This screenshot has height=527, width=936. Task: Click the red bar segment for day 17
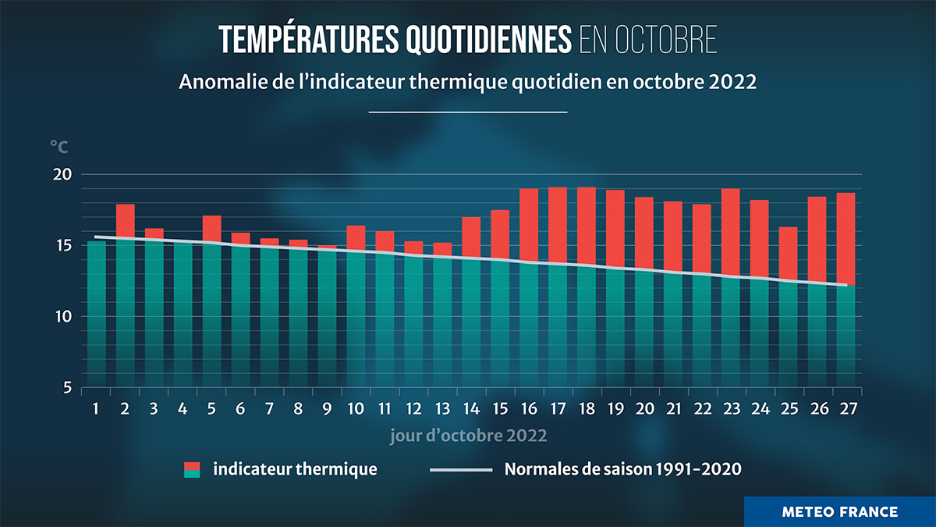click(x=557, y=225)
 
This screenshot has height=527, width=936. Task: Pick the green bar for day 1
click(x=97, y=312)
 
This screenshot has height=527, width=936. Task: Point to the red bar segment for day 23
click(x=730, y=232)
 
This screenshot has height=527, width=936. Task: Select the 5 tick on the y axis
click(x=67, y=388)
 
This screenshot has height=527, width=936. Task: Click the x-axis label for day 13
click(x=442, y=409)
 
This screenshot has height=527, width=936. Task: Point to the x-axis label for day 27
click(x=846, y=409)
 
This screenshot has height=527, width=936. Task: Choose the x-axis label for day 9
click(x=327, y=409)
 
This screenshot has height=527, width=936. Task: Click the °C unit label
click(x=59, y=146)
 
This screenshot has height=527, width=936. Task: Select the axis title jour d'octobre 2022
click(x=468, y=435)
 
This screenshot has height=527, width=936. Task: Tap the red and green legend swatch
click(x=192, y=469)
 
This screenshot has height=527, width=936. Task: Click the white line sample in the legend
click(x=461, y=470)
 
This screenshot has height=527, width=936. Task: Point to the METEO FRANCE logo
click(x=839, y=512)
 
